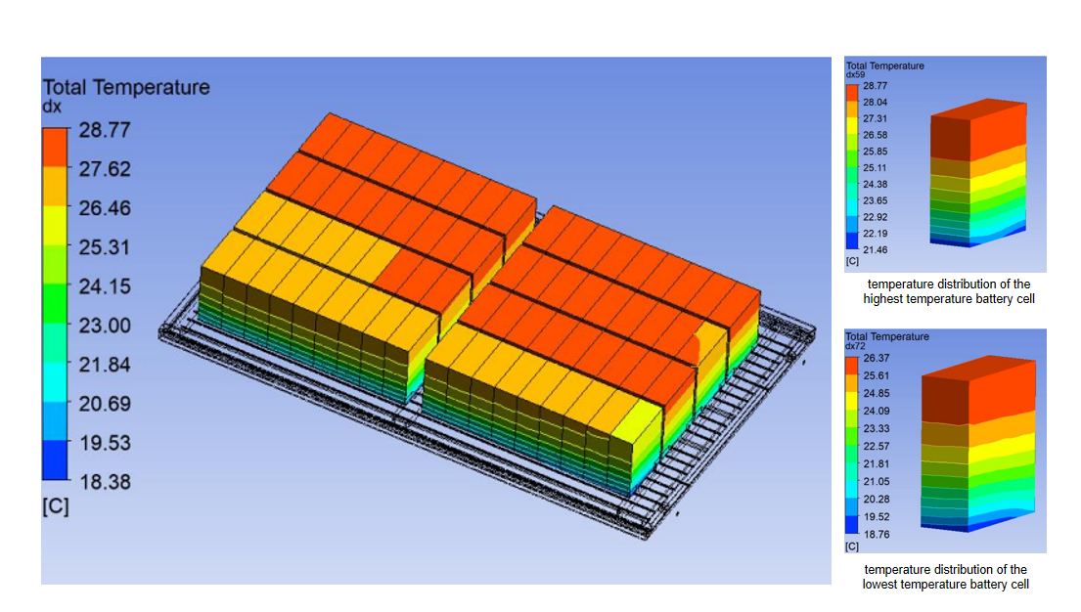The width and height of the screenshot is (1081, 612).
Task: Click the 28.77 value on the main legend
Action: click(104, 130)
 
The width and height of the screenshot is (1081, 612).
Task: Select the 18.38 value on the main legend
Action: click(105, 482)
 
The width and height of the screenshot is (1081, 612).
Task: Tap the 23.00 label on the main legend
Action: click(105, 326)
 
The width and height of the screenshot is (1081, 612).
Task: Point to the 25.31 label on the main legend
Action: click(104, 246)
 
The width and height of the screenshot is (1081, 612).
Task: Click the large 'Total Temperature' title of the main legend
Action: click(126, 88)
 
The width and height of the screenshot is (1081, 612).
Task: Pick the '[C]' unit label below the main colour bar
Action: click(56, 506)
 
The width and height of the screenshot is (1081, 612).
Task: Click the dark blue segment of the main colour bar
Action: click(55, 459)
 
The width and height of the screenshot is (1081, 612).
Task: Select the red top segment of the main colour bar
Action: click(55, 147)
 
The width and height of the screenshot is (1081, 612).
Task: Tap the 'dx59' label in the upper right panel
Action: click(856, 74)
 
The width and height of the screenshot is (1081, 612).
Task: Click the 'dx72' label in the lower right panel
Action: click(856, 346)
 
